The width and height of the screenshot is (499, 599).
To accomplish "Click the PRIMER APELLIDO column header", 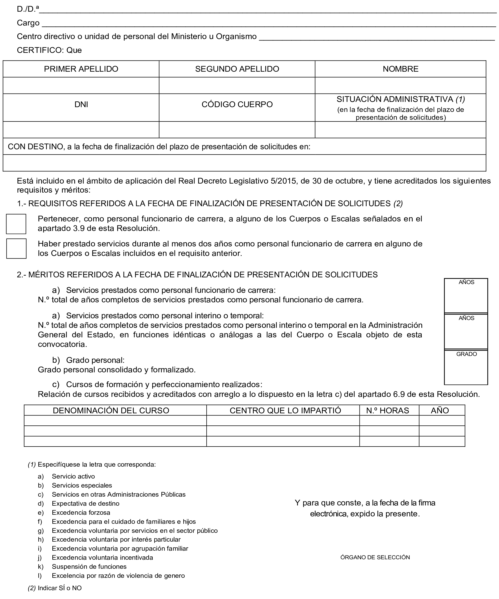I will [x=81, y=69].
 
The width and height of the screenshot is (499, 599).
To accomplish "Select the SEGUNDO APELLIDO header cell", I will [x=237, y=69].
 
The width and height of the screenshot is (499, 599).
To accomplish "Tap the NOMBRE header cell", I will [x=401, y=69].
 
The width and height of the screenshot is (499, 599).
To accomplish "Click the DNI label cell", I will [x=81, y=105].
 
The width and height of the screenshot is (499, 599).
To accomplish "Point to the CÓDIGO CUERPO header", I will [x=237, y=105].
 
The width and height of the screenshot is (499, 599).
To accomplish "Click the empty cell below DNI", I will [x=81, y=130].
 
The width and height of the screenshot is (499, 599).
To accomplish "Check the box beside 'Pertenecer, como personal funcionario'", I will [x=16, y=224].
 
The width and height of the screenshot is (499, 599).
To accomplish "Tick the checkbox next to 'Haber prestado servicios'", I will [x=16, y=249].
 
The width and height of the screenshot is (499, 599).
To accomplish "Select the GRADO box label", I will [x=466, y=354].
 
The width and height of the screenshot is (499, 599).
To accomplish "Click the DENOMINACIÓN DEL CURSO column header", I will [x=111, y=410].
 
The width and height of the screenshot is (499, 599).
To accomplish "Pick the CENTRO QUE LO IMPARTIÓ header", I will [x=285, y=410].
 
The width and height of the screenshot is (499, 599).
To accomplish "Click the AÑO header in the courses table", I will [x=440, y=410].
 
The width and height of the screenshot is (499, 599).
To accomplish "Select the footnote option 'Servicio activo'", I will [x=73, y=476].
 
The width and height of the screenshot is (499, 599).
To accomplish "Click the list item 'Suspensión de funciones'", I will [x=89, y=566].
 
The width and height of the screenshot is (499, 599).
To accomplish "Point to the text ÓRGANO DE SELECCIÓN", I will [x=375, y=557].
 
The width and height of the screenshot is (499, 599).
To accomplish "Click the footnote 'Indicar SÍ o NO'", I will [x=60, y=588].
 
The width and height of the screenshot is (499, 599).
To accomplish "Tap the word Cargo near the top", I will [x=28, y=23].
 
